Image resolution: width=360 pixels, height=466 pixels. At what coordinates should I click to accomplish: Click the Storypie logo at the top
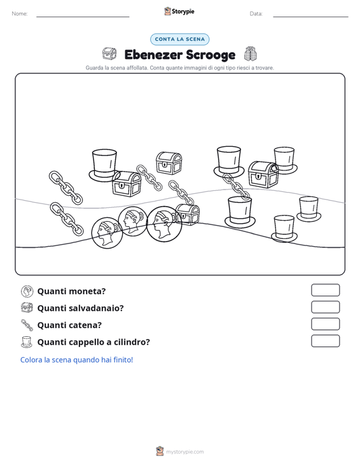click(x=179, y=11)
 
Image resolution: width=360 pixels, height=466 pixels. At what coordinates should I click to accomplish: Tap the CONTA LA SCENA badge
click(x=179, y=39)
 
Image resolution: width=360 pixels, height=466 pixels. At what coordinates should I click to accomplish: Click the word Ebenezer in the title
click(x=153, y=55)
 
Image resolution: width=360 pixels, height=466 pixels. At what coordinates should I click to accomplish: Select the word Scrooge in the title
click(x=211, y=55)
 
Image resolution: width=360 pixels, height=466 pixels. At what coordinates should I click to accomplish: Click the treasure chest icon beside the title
click(x=109, y=54)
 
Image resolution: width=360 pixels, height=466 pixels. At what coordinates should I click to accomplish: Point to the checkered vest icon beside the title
click(x=251, y=54)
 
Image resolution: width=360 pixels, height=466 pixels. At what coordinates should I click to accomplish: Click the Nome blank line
click(x=83, y=17)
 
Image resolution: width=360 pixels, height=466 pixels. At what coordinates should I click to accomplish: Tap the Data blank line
click(x=310, y=17)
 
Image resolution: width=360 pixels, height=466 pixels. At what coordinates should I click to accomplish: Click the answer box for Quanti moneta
click(x=325, y=290)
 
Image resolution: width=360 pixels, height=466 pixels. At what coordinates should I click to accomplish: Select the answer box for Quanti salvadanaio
click(x=325, y=307)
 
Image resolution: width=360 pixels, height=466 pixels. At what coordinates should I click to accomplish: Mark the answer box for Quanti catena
click(x=325, y=324)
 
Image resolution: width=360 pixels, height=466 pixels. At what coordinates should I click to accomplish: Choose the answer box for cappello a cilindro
click(x=325, y=341)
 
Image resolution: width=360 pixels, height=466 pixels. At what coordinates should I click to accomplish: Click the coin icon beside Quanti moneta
click(x=27, y=291)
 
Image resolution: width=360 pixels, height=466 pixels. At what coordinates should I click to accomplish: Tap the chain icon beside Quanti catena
click(x=27, y=325)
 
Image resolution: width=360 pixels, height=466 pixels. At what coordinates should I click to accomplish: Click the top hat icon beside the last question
click(x=27, y=342)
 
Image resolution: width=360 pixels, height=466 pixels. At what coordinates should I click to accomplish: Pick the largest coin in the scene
click(x=164, y=224)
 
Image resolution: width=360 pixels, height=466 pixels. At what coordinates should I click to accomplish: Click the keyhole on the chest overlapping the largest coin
click(x=184, y=216)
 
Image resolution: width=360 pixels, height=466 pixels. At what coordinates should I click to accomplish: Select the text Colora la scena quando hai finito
click(x=76, y=360)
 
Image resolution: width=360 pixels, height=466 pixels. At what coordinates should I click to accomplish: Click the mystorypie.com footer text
click(x=185, y=452)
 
